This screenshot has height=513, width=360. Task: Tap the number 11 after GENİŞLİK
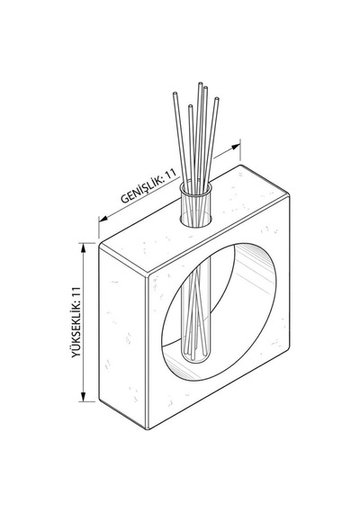pyautogui.click(x=171, y=174)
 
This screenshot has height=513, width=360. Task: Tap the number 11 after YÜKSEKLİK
pyautogui.click(x=76, y=292)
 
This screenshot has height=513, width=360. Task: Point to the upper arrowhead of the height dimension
pyautogui.click(x=84, y=248)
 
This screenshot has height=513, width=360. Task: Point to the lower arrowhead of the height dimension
pyautogui.click(x=84, y=397)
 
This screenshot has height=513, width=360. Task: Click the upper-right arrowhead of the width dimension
pyautogui.click(x=236, y=147)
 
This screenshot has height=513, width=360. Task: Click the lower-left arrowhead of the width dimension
pyautogui.click(x=103, y=219)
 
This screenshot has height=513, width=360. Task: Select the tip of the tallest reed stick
pyautogui.click(x=200, y=84)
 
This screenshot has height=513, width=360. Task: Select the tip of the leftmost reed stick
pyautogui.click(x=175, y=94)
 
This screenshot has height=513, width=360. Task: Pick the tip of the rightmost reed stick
pyautogui.click(x=217, y=99)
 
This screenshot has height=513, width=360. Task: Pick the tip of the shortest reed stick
pyautogui.click(x=190, y=106)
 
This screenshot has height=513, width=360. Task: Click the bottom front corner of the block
pyautogui.click(x=148, y=428)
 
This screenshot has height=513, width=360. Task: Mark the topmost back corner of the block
pyautogui.click(x=240, y=166)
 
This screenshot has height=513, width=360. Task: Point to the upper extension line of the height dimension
pyautogui.click(x=87, y=243)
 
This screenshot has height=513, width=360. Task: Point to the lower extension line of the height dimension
pyautogui.click(x=87, y=401)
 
